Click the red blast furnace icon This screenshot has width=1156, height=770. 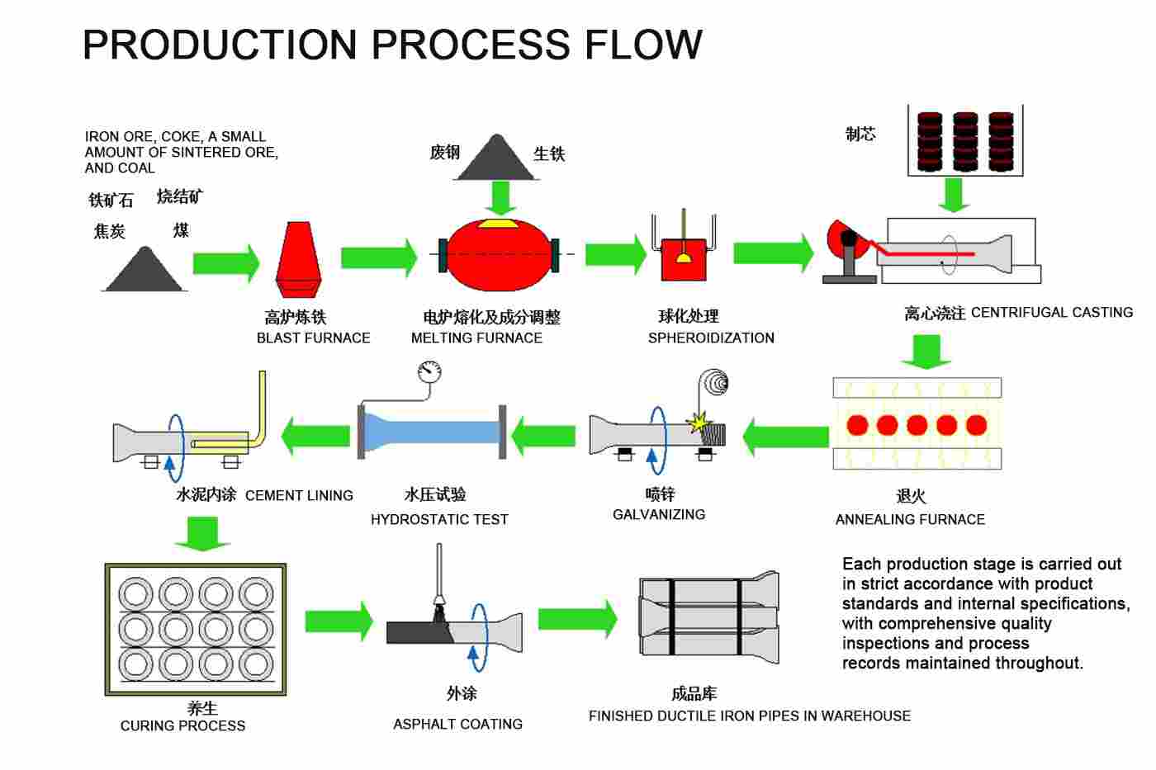click(299, 259)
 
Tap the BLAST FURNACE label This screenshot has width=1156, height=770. click(313, 338)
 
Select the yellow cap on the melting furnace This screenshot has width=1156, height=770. click(498, 224)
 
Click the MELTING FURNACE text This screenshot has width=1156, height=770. click(476, 338)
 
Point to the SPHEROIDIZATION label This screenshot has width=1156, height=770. click(711, 338)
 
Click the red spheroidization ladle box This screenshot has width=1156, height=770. click(684, 259)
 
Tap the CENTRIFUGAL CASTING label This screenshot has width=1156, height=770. click(1052, 313)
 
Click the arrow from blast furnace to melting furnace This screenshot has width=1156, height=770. click(379, 257)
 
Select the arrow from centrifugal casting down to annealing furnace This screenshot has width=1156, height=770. click(926, 352)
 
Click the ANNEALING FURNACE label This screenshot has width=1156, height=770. click(910, 519)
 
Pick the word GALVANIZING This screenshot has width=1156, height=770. click(659, 515)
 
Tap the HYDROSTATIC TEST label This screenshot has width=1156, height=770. click(439, 519)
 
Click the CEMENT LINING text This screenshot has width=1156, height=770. click(299, 496)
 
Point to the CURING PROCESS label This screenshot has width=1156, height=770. click(182, 725)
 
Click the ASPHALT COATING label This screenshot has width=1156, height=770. click(457, 724)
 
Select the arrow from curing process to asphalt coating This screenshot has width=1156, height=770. click(339, 621)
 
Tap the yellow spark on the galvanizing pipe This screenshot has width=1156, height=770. click(699, 423)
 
